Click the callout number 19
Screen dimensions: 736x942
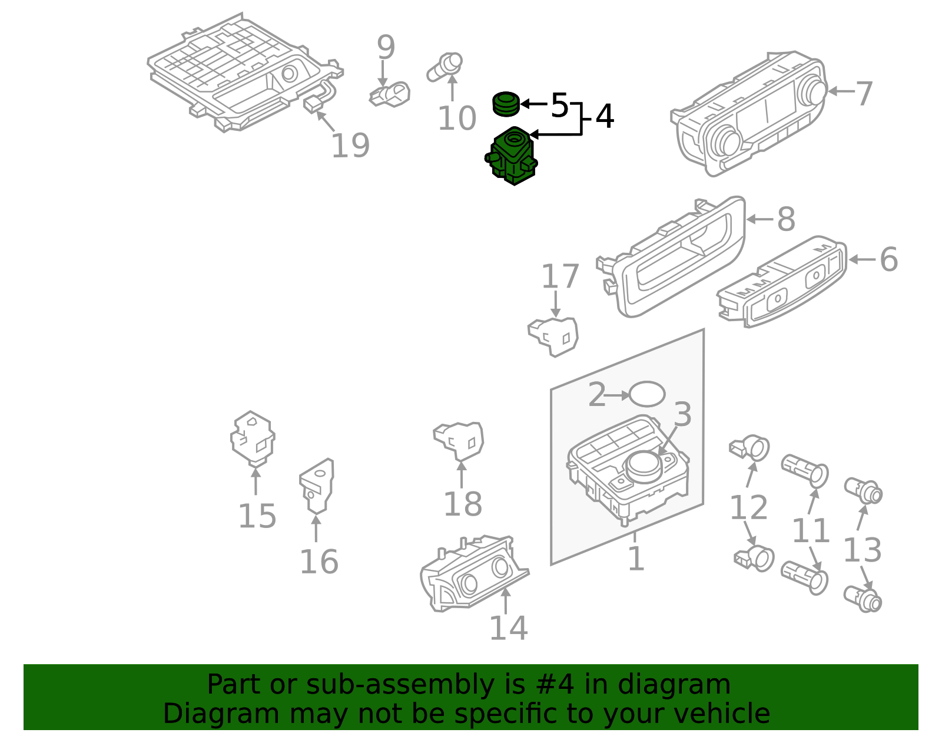pyautogui.click(x=350, y=146)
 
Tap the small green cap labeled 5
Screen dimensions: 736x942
pyautogui.click(x=506, y=104)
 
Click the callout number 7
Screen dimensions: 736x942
pyautogui.click(x=864, y=93)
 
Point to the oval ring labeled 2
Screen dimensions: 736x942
pyautogui.click(x=647, y=394)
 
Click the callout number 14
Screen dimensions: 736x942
pyautogui.click(x=508, y=628)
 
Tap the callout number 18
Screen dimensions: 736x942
pyautogui.click(x=462, y=504)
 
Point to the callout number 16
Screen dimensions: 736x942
pyautogui.click(x=319, y=562)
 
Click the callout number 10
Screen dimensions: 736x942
pyautogui.click(x=456, y=118)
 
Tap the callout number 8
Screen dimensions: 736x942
pyautogui.click(x=786, y=219)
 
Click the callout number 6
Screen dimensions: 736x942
pyautogui.click(x=888, y=259)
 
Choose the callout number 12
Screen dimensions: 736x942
pyautogui.click(x=748, y=507)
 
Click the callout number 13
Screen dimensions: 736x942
pyautogui.click(x=862, y=550)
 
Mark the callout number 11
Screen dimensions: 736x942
pyautogui.click(x=811, y=531)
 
